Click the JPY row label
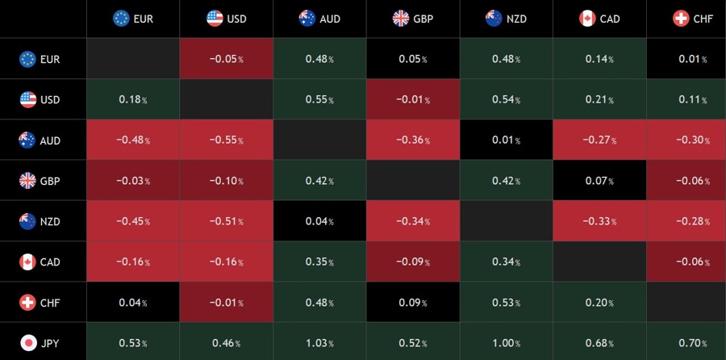tap(50, 343)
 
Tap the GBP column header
tap(413, 19)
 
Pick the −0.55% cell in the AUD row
tap(227, 140)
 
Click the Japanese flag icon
tap(27, 343)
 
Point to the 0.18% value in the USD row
tap(133, 100)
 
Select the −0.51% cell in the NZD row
tap(227, 221)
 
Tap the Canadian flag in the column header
tap(587, 19)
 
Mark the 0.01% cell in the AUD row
tap(507, 140)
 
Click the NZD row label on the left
tap(50, 221)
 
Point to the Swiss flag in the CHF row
tap(27, 303)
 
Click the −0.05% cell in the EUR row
tap(227, 59)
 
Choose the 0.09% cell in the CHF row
tap(413, 303)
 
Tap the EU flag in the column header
tap(121, 19)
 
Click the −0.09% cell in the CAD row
tap(413, 262)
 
